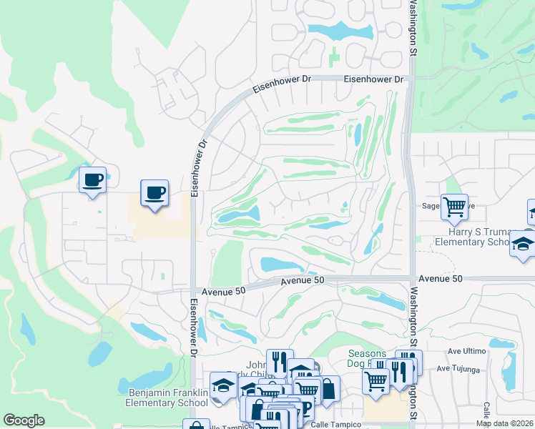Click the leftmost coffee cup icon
92,180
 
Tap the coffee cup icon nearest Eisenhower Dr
154,192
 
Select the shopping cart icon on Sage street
454,207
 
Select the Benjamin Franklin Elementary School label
168,398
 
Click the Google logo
24,420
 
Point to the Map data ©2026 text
504,423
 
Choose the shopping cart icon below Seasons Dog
376,380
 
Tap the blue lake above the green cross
335,31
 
